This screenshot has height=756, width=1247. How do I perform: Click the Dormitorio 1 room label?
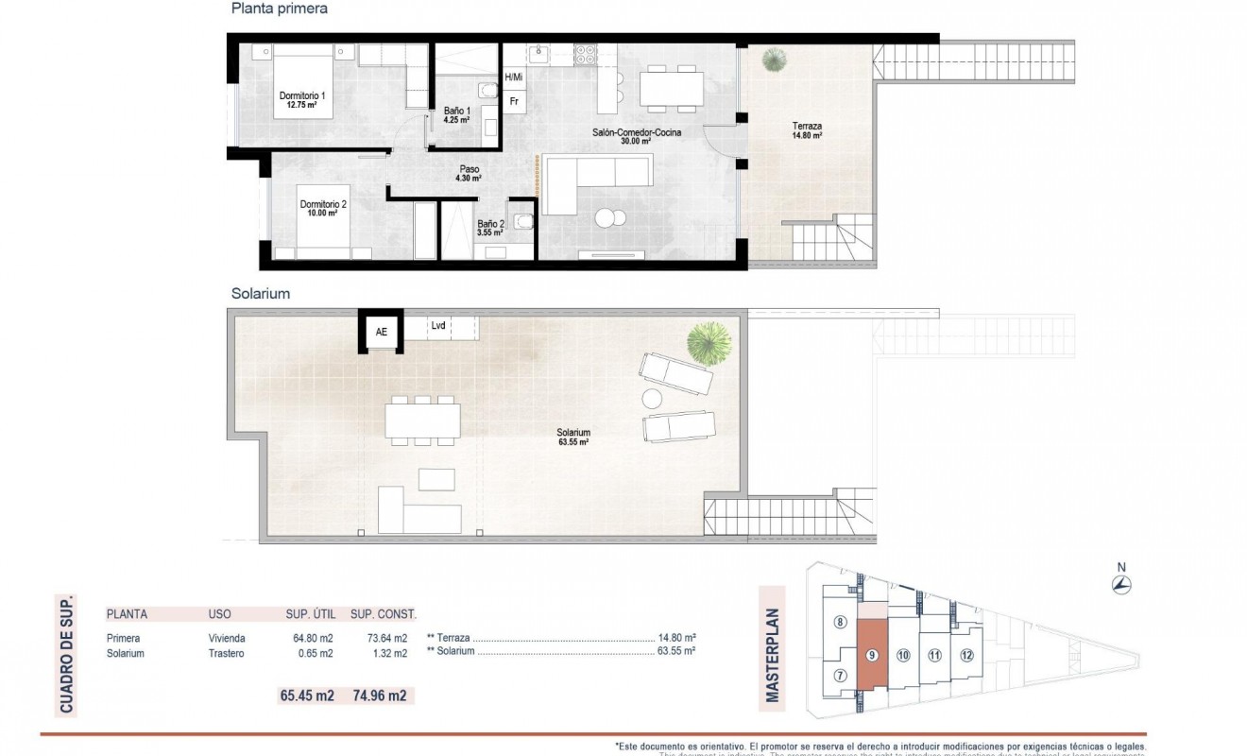point(302,100)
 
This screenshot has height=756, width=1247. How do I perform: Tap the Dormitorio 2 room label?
point(323,208)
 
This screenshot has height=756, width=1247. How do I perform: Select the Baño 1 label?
point(457,115)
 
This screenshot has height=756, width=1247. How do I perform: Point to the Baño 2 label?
point(489,227)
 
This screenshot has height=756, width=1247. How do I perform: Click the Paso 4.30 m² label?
point(469,174)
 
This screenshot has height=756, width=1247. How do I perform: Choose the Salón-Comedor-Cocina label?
point(636,137)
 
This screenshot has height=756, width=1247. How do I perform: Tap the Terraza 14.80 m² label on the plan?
point(807,130)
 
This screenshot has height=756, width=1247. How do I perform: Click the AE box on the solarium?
point(381,332)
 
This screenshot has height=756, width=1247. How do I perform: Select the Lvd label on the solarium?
point(438,325)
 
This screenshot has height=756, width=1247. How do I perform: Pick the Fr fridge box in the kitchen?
point(514,100)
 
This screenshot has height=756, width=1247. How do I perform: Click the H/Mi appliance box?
point(514,77)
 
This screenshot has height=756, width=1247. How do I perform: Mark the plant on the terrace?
point(775,60)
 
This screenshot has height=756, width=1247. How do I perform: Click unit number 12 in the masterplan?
point(965,655)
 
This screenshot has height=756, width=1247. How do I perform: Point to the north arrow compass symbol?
point(1121,583)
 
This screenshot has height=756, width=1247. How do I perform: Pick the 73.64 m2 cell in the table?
point(387,638)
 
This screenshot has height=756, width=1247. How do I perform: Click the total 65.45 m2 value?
point(307,696)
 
